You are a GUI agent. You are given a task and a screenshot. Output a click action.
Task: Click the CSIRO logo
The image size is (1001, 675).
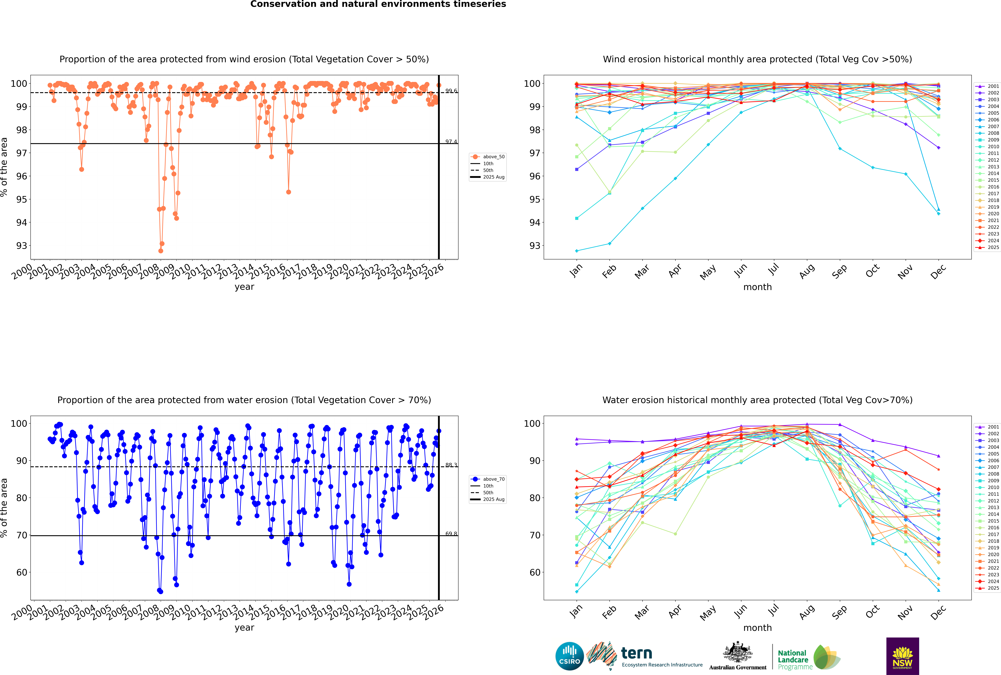point(569,656)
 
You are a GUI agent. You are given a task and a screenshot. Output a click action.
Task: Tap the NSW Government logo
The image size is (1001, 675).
point(902,656)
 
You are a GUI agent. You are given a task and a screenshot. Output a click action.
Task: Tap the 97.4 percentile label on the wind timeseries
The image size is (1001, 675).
point(451,142)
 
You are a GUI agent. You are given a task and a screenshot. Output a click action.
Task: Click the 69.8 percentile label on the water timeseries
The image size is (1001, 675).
point(451,534)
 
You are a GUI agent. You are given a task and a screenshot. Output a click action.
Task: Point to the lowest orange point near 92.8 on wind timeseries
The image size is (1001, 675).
point(161,251)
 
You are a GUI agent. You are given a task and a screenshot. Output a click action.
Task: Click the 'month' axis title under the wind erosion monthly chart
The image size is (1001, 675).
point(757,287)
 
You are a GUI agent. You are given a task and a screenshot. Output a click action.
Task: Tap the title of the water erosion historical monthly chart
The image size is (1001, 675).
point(757,400)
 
